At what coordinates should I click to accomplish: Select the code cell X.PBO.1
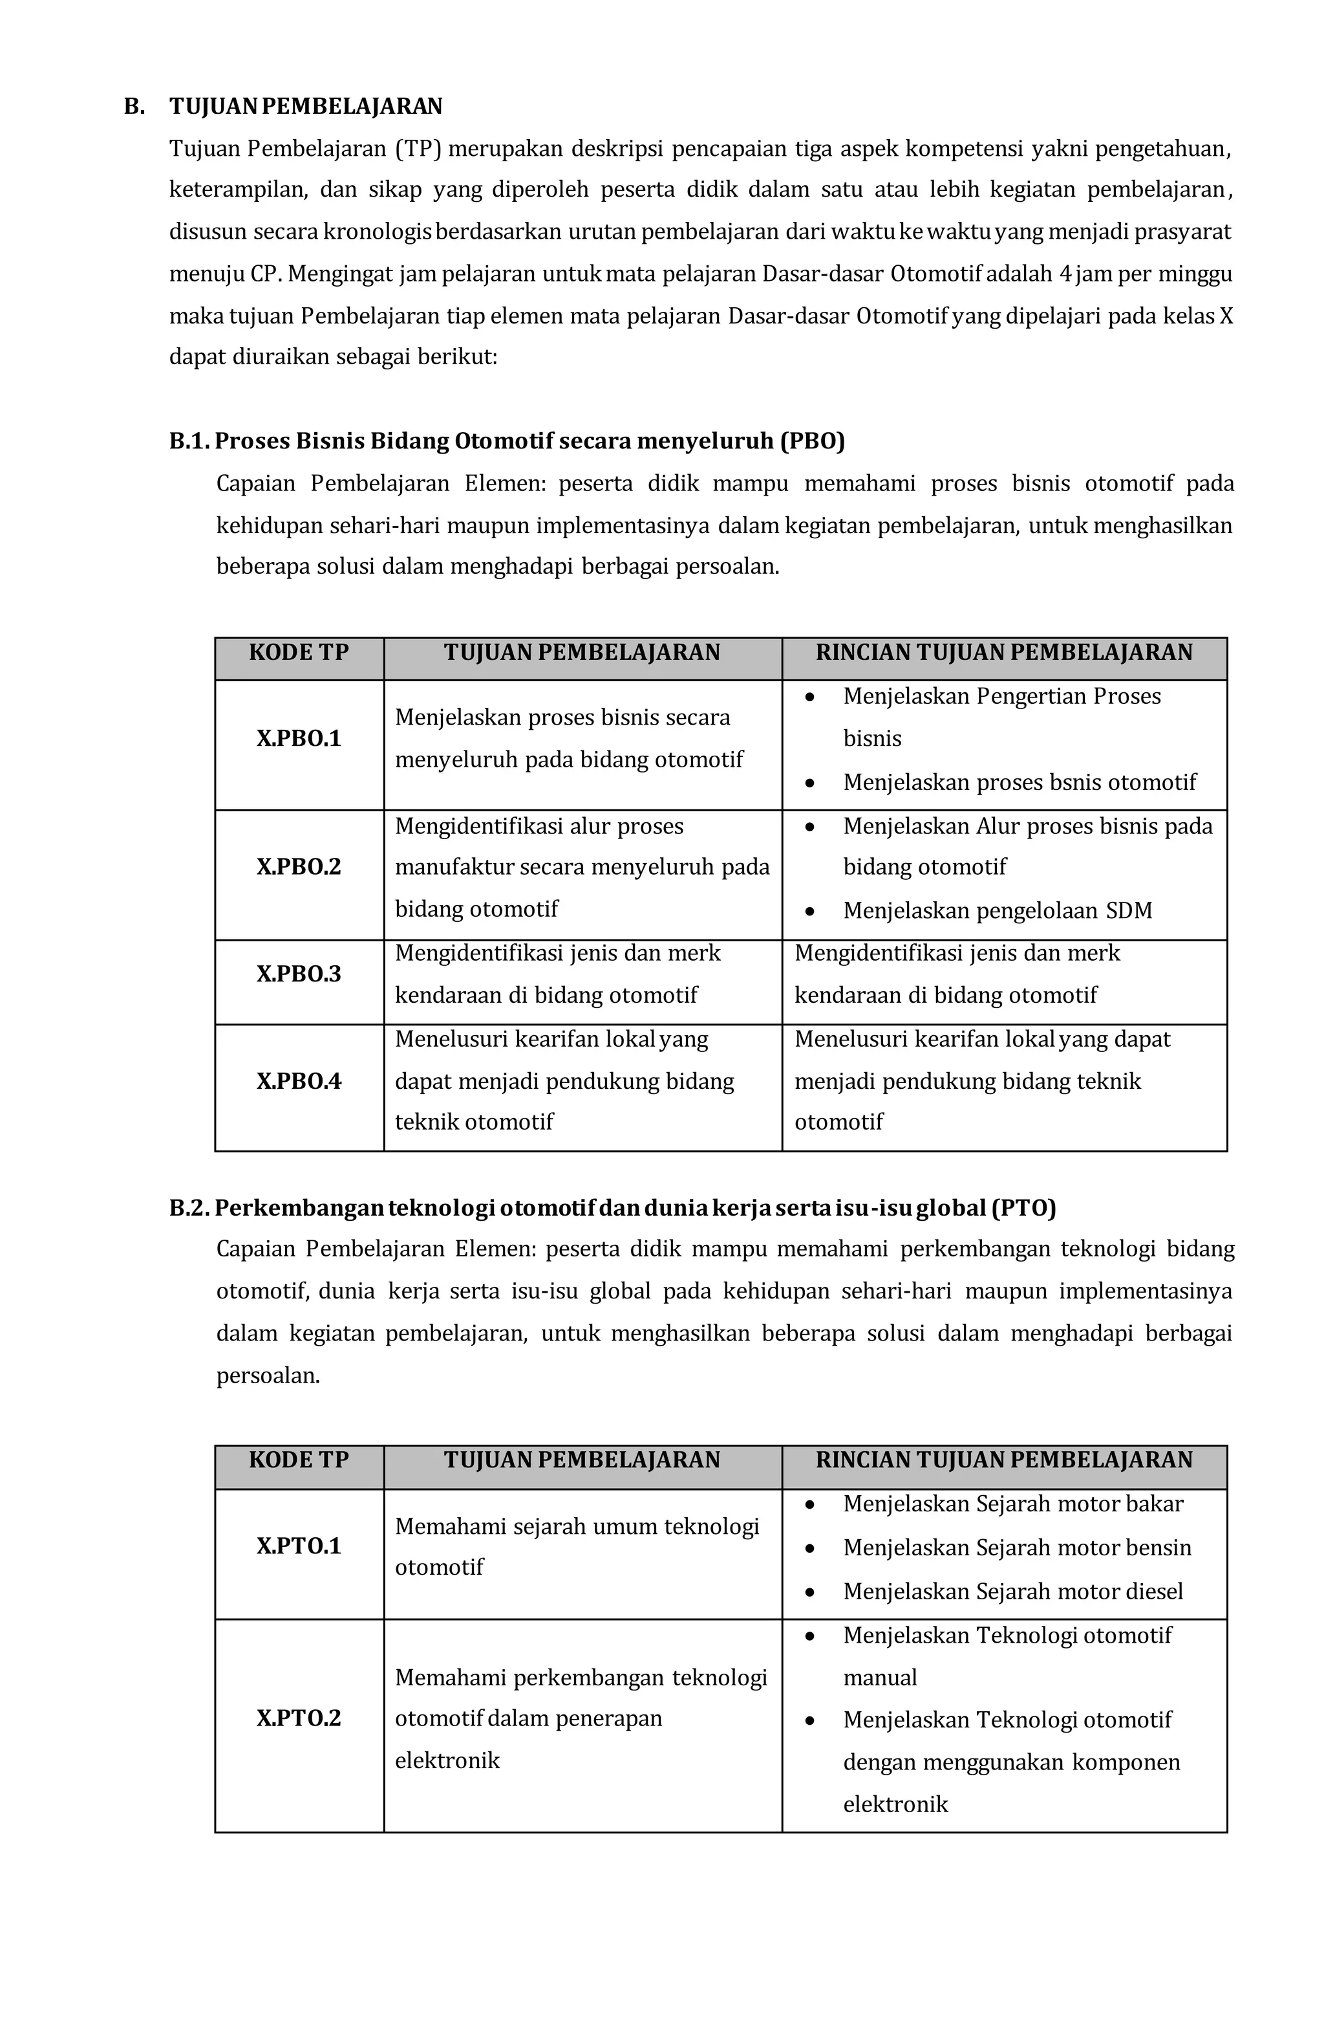pyautogui.click(x=299, y=739)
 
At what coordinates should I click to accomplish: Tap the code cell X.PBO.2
pyautogui.click(x=299, y=867)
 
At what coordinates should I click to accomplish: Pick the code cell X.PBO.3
pyautogui.click(x=299, y=974)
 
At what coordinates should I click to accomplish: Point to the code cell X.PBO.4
pyautogui.click(x=299, y=1082)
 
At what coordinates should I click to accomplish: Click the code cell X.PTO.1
pyautogui.click(x=299, y=1546)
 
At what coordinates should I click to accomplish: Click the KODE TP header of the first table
pyautogui.click(x=299, y=653)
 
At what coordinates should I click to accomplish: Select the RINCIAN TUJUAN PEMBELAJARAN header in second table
pyautogui.click(x=1003, y=1460)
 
